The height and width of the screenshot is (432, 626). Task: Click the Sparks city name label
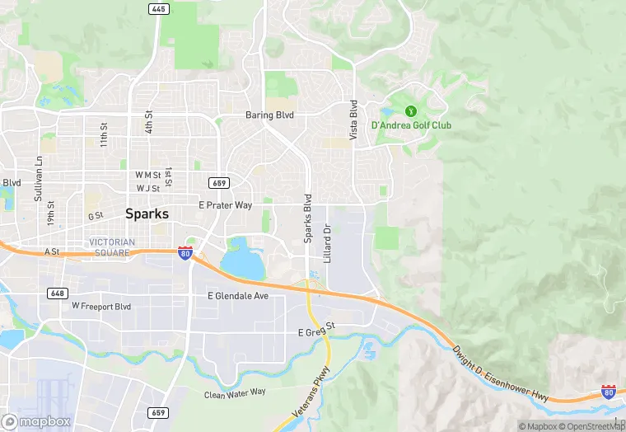[x=147, y=214]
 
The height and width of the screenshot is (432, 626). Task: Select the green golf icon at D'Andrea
[x=410, y=110]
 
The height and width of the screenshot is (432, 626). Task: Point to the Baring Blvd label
[x=269, y=115]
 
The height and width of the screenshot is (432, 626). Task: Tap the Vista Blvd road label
[x=353, y=120]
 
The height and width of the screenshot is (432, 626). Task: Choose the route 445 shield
[x=159, y=9]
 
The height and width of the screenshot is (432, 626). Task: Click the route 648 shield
[x=57, y=293]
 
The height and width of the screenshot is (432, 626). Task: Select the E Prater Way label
[x=225, y=204]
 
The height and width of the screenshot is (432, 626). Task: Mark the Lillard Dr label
[x=327, y=239]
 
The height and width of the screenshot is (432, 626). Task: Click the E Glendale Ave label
[x=238, y=295]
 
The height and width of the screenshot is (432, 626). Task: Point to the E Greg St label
[x=317, y=331]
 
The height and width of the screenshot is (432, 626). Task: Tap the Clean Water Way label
[x=235, y=394]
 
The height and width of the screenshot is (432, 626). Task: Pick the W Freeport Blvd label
[x=101, y=306]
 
